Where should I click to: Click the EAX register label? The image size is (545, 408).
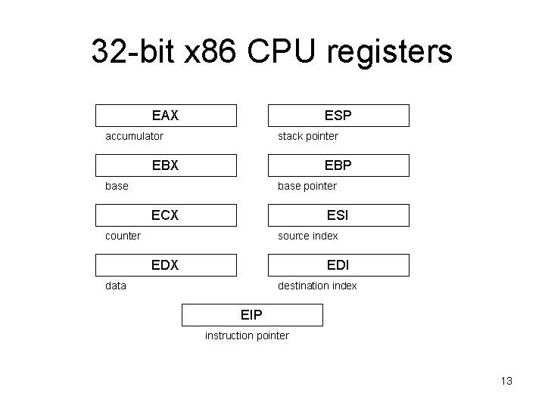point(165,116)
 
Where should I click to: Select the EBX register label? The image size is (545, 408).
point(165,165)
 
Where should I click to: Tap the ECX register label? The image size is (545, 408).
point(165,215)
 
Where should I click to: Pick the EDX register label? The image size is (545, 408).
point(165,265)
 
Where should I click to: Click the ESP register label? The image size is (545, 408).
point(338,116)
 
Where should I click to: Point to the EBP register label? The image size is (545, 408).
point(338,165)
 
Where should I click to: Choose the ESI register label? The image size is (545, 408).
point(338,215)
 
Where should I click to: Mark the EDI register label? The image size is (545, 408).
point(338,265)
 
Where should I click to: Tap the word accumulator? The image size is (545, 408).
point(134,136)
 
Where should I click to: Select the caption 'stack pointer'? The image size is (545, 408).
point(308,136)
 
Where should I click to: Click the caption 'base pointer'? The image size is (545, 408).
point(307,186)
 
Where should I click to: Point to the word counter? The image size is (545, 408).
point(123,236)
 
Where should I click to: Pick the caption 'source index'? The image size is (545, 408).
point(308,236)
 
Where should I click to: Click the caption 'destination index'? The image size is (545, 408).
point(317,286)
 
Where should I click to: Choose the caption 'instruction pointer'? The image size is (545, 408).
point(247,335)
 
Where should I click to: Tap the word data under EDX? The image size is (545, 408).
point(116,286)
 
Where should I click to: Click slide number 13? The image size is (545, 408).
point(506,381)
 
